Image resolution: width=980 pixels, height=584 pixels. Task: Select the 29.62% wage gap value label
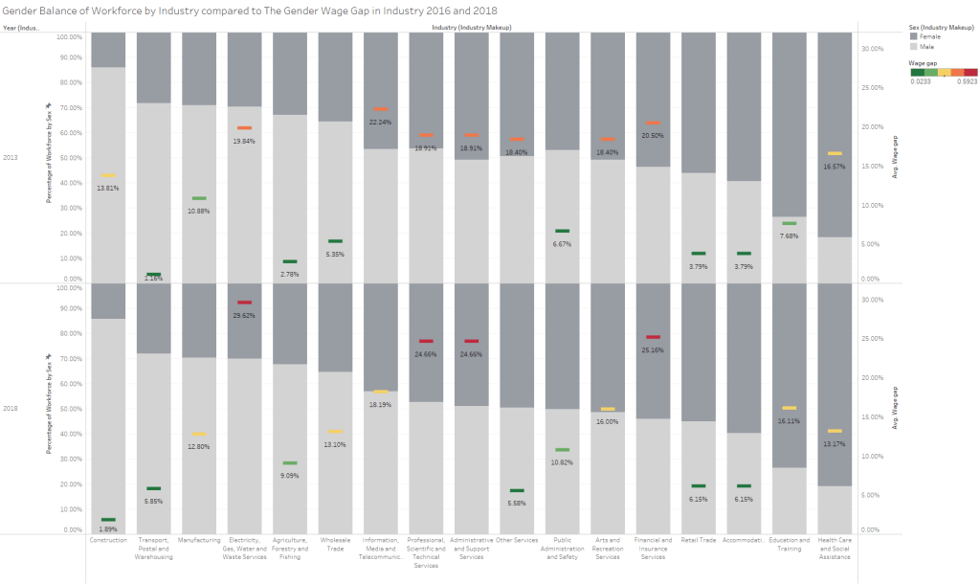(x=244, y=315)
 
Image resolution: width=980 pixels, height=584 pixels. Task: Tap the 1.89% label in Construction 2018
(x=108, y=529)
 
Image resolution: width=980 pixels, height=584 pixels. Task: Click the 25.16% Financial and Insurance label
(x=653, y=349)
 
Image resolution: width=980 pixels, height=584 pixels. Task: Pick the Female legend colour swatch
(x=914, y=36)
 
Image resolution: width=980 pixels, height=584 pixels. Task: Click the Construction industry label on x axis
(x=108, y=540)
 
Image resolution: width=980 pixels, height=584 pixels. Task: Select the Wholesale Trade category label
(x=336, y=544)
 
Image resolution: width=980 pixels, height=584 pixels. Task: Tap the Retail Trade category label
(x=698, y=540)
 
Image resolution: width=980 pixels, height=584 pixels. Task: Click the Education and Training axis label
(x=789, y=544)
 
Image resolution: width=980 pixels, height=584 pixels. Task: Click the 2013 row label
(x=11, y=156)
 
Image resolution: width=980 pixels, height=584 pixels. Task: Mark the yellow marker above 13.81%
(x=108, y=176)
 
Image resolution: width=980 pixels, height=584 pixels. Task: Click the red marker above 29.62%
(x=244, y=303)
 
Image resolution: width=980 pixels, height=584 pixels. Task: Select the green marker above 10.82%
(x=562, y=450)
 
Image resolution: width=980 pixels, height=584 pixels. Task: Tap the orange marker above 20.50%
(x=653, y=123)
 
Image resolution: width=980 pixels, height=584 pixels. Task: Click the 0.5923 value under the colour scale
(x=968, y=81)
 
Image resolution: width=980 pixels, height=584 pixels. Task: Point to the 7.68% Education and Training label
(x=789, y=236)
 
